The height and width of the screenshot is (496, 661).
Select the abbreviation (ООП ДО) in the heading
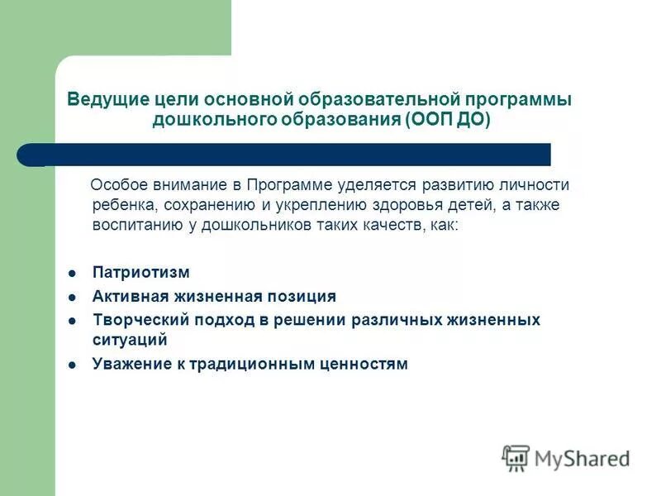(x=448, y=120)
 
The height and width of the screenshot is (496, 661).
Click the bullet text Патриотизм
(x=141, y=273)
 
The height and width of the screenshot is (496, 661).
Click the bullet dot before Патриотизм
(x=72, y=274)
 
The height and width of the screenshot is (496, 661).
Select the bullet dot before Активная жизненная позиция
(x=72, y=297)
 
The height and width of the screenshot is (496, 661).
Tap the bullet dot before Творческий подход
(x=72, y=320)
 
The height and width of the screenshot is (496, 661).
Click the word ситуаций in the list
(x=130, y=339)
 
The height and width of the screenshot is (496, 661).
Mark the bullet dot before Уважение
(x=72, y=364)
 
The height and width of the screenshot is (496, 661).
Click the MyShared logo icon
(x=516, y=457)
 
